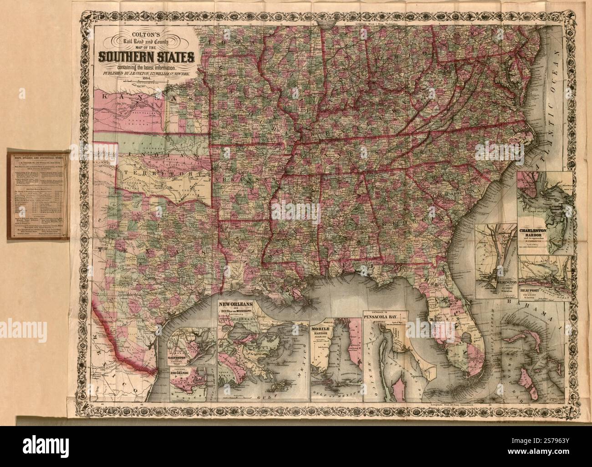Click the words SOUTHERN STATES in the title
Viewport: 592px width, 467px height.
(x=145, y=58)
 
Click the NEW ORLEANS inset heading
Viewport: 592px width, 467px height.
(x=236, y=304)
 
